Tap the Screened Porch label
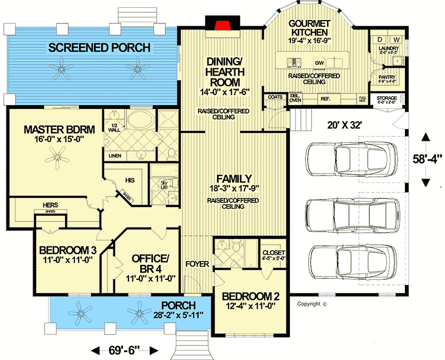point(99,48)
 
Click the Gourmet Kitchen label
point(310,28)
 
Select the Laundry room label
point(388,49)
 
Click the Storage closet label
point(387,98)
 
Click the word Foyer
point(196,263)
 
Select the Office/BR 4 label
point(150,264)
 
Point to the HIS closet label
point(130,180)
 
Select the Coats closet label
point(275,97)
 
